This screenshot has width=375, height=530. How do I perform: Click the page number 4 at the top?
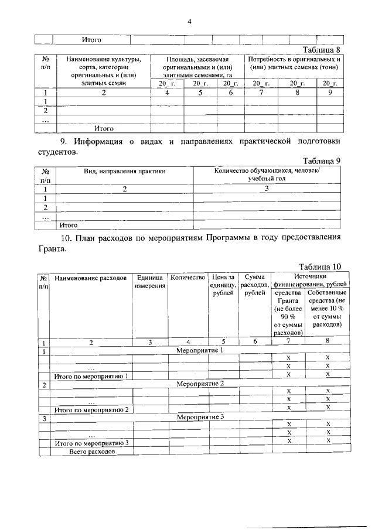(x=189, y=22)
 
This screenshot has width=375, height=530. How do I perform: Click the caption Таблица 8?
(x=321, y=49)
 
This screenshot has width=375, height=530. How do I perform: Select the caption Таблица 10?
(x=319, y=267)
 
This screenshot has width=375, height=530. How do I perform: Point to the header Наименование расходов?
(x=91, y=278)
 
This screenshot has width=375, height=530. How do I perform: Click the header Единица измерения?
(x=149, y=282)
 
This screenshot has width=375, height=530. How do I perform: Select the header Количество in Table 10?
(x=187, y=277)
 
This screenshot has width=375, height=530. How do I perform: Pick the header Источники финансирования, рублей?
(x=310, y=281)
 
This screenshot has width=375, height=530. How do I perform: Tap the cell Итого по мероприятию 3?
(x=90, y=443)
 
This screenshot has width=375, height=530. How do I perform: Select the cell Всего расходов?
(x=91, y=452)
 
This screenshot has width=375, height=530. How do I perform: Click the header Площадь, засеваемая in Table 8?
(x=197, y=59)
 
